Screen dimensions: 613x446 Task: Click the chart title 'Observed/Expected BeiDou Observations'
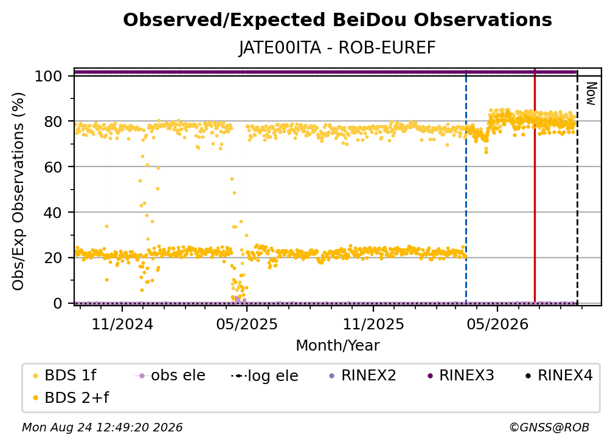338,20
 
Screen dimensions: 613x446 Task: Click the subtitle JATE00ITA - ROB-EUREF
338,48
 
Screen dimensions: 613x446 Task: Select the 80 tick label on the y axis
53,122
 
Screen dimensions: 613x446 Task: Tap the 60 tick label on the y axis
53,167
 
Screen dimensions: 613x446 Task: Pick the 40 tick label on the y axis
53,213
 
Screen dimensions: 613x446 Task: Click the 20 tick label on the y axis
53,258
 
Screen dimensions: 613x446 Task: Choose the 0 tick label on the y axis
58,303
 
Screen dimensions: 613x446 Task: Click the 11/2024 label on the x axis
122,324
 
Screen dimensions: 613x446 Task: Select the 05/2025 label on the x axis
247,324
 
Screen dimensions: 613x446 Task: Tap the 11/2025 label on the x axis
373,324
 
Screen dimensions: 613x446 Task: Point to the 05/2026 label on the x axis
497,324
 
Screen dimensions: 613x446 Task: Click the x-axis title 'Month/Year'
338,346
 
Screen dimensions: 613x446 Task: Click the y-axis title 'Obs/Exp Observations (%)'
18,191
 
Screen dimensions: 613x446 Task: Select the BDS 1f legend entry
64,376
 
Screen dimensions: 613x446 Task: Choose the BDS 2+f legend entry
71,397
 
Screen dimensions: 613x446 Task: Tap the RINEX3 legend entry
461,376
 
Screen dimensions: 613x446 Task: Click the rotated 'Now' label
591,94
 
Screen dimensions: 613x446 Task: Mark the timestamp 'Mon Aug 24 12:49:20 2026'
102,428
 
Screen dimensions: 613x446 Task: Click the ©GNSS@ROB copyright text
549,428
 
